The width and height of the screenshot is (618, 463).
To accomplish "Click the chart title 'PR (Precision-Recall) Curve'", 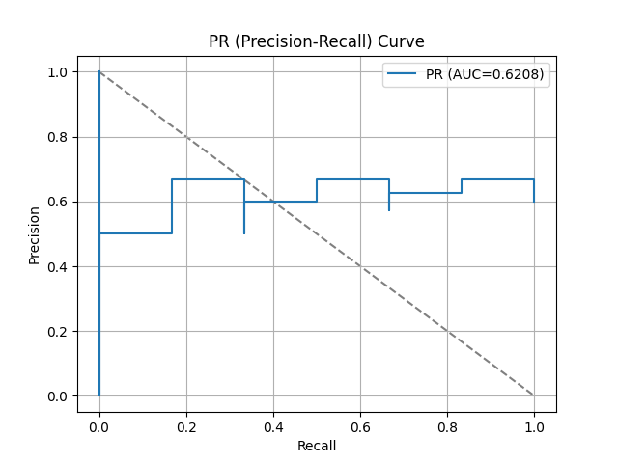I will [x=317, y=42].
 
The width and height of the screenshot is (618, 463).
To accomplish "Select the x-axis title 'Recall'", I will [x=317, y=446].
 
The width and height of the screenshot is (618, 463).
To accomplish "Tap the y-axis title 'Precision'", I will [x=35, y=234].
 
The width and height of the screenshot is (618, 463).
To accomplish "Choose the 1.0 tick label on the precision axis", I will [x=59, y=72].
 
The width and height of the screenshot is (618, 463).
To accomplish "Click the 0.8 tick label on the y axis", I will [x=59, y=137].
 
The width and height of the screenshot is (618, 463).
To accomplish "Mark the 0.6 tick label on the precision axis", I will [x=59, y=202].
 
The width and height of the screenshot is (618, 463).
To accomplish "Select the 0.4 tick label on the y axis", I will [x=59, y=267].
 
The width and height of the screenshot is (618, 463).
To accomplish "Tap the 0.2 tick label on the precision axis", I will [x=59, y=332].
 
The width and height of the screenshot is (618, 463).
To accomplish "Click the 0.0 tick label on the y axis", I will [x=59, y=396].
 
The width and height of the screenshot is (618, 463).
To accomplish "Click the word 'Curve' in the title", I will [x=402, y=42].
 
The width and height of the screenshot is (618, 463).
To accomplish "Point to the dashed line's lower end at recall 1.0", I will [x=534, y=395].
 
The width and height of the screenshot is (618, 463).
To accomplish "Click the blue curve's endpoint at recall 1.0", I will [x=534, y=202].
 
